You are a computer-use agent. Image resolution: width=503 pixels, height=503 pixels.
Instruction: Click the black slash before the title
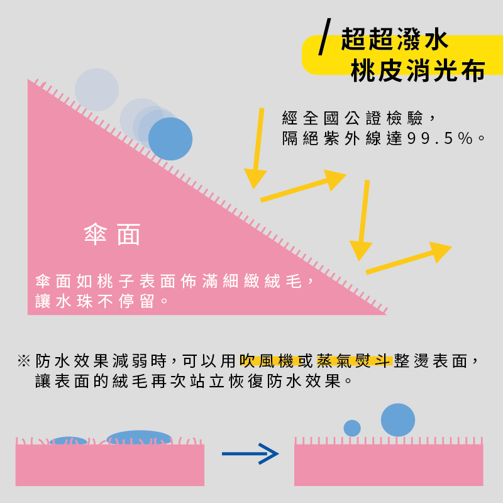[x=324, y=36]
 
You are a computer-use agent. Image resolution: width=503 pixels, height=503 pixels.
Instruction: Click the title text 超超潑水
[x=394, y=39]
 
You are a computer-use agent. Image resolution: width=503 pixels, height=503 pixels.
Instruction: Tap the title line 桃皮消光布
[x=417, y=70]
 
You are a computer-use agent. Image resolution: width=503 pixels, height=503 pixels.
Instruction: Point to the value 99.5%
[x=440, y=138]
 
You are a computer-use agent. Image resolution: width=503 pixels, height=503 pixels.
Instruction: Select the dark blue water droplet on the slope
[x=170, y=139]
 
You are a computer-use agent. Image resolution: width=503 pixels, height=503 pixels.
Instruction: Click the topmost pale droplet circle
[x=97, y=90]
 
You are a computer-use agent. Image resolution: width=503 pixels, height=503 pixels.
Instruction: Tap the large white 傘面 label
[x=112, y=235]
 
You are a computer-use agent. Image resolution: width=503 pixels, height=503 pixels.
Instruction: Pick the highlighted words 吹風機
[x=267, y=361]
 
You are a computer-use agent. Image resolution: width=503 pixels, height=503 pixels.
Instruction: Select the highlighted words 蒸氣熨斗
[x=354, y=361]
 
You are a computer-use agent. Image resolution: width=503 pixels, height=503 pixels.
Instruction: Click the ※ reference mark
[x=24, y=361]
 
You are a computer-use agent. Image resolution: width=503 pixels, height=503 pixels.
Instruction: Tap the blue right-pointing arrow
[x=250, y=453]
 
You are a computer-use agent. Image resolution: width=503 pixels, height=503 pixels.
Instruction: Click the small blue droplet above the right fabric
[x=352, y=428]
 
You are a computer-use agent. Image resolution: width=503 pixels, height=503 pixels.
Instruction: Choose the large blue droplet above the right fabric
[x=398, y=420]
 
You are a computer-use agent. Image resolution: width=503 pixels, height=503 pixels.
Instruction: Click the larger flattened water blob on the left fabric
[x=139, y=438]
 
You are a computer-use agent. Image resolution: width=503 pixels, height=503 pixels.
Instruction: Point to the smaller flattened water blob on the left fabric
[x=69, y=441]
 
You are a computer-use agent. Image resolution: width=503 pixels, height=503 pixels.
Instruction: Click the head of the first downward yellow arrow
[x=255, y=179]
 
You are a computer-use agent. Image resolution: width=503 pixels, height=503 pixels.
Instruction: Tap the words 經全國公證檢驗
[x=352, y=118]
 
